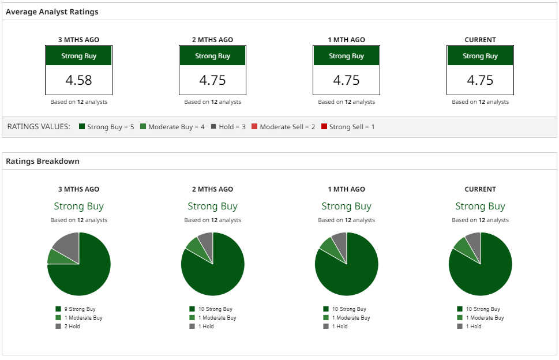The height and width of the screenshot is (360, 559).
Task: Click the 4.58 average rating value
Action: click(78, 80)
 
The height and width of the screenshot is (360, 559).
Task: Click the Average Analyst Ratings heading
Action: click(52, 12)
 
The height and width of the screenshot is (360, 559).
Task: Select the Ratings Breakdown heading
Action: click(43, 161)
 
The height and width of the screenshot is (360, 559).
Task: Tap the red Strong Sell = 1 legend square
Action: click(324, 126)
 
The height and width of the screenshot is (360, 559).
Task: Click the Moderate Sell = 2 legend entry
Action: click(287, 126)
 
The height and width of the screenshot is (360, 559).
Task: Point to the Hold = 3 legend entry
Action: click(229, 126)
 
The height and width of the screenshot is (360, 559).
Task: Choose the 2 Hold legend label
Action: click(72, 327)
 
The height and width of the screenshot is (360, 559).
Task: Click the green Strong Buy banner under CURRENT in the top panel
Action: click(480, 56)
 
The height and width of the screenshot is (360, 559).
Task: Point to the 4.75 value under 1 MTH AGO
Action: click(346, 80)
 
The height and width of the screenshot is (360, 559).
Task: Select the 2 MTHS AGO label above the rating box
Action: click(212, 40)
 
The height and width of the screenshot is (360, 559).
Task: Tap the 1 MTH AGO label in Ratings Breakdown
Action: click(346, 189)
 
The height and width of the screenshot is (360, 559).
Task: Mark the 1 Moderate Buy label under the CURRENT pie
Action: click(485, 318)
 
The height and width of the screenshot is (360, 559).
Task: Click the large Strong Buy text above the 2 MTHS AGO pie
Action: click(212, 206)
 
